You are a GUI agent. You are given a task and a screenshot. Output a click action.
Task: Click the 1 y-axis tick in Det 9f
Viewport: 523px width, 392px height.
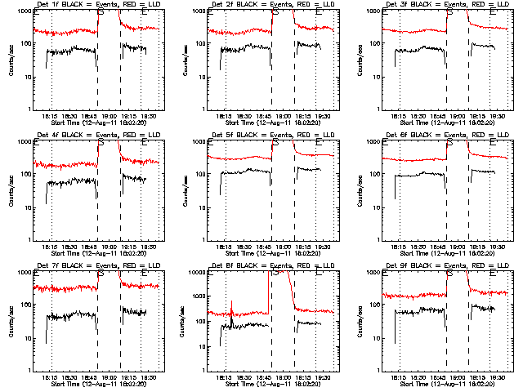379,371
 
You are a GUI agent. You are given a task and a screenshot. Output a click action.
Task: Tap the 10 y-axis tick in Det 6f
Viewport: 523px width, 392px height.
376,207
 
